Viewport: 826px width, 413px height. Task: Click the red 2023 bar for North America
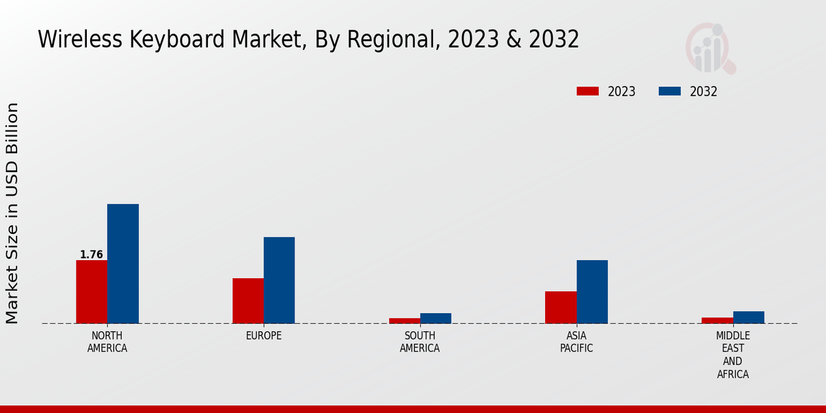coord(92,292)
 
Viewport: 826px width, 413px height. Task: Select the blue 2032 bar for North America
coord(123,264)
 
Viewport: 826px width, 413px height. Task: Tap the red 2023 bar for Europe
coord(248,301)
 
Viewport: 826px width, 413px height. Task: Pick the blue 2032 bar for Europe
coord(279,280)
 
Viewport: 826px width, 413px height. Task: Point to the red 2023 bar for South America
coord(405,321)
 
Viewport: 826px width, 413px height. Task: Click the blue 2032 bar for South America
coord(436,318)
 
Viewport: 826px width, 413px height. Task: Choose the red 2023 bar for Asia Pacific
coord(561,307)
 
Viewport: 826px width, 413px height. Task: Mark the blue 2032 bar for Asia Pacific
coord(592,292)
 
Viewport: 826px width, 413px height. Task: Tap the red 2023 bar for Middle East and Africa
coord(717,320)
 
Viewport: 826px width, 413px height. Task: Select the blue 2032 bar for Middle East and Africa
coord(749,317)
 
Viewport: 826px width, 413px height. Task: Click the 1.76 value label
coord(92,255)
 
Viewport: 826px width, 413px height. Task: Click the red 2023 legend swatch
coord(588,92)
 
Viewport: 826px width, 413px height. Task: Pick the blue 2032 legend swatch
coord(670,92)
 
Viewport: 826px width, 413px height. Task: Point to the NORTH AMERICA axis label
coord(107,342)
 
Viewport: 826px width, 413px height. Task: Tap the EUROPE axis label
coord(264,336)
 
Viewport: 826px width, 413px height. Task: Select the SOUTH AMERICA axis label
coord(420,342)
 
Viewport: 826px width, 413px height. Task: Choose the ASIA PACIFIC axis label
coord(577,342)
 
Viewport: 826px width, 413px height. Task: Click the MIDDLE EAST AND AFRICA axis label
coord(733,355)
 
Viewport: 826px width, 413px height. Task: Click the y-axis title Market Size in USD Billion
coord(12,213)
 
